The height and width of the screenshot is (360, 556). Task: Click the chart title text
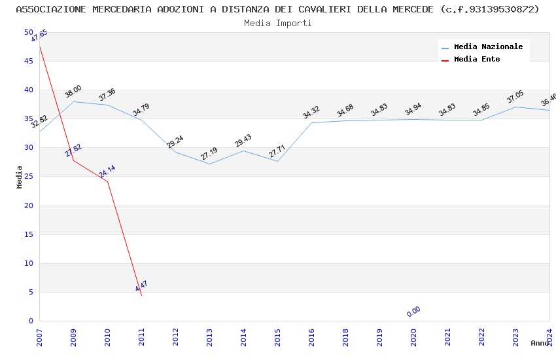point(277,9)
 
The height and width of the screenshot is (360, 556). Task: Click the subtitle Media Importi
point(277,23)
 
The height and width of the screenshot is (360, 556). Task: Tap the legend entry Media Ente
point(477,60)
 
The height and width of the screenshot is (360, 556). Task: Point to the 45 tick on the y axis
point(28,61)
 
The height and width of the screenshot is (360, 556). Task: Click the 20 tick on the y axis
point(28,206)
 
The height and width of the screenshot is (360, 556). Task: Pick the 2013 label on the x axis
point(209,336)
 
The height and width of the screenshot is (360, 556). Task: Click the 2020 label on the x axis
point(413,336)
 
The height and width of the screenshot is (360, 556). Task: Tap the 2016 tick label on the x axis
point(311,336)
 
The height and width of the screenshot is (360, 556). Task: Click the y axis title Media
point(20,177)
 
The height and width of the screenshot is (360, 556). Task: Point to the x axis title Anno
point(540,343)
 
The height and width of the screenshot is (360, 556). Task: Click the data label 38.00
point(73,92)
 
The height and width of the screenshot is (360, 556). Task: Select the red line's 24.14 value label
point(107,171)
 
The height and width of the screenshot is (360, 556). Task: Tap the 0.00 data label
point(413,312)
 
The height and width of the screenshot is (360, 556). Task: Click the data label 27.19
point(209,154)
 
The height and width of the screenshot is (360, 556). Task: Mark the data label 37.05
point(515,97)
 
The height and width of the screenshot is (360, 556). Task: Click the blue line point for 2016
point(311,122)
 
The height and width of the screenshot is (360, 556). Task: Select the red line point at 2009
point(73,160)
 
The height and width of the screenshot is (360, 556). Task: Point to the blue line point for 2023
point(515,107)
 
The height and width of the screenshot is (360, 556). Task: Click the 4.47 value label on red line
point(141,286)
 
